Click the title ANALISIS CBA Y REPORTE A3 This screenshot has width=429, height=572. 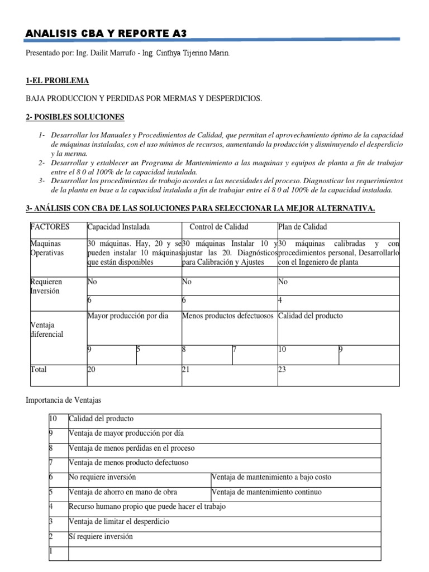(106, 34)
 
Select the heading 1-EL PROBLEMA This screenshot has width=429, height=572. (57, 81)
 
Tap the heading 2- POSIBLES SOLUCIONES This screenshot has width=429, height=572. (75, 117)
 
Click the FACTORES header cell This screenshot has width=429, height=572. (50, 227)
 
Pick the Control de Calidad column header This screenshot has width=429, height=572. (219, 227)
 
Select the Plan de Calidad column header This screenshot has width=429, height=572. (302, 227)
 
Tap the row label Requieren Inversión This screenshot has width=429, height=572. (46, 287)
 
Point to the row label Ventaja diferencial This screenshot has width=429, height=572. (46, 330)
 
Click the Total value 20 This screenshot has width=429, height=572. (92, 370)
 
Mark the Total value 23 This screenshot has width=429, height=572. (282, 370)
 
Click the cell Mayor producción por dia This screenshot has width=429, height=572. (128, 316)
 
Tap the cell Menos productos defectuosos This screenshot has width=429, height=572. (228, 316)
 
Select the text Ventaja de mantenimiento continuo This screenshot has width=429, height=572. (267, 492)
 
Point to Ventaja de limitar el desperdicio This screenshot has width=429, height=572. (118, 522)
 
